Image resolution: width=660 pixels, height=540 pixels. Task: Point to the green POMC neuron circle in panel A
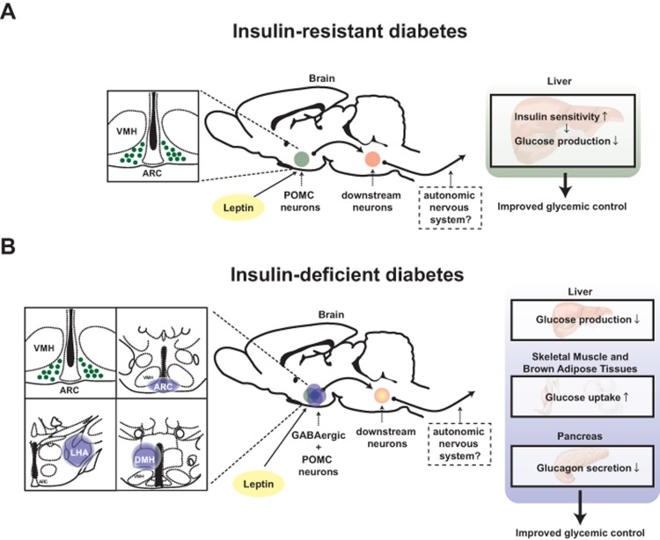(x=302, y=159)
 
